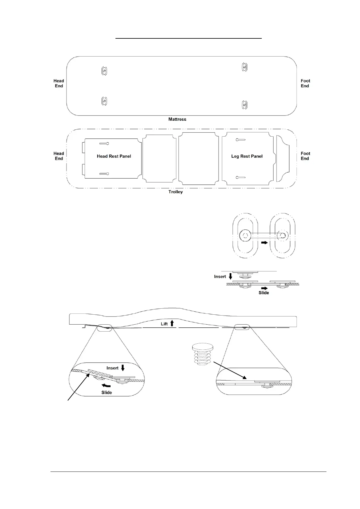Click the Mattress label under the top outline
(x=177, y=119)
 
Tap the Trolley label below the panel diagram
(x=176, y=192)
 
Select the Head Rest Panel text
(x=114, y=156)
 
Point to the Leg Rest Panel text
(x=247, y=156)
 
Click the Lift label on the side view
(x=164, y=324)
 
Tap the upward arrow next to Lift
(x=172, y=323)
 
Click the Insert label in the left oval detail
(x=112, y=368)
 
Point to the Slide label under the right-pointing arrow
(x=264, y=293)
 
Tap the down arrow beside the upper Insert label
(x=231, y=276)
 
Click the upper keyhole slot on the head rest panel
(x=104, y=143)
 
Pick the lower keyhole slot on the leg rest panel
(x=241, y=177)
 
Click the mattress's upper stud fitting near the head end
(x=104, y=71)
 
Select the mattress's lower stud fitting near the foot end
(x=245, y=105)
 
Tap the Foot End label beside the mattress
(x=305, y=83)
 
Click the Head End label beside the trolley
(x=59, y=156)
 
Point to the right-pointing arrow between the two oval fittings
(x=264, y=242)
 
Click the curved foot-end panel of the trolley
(x=283, y=159)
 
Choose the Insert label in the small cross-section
(x=220, y=277)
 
